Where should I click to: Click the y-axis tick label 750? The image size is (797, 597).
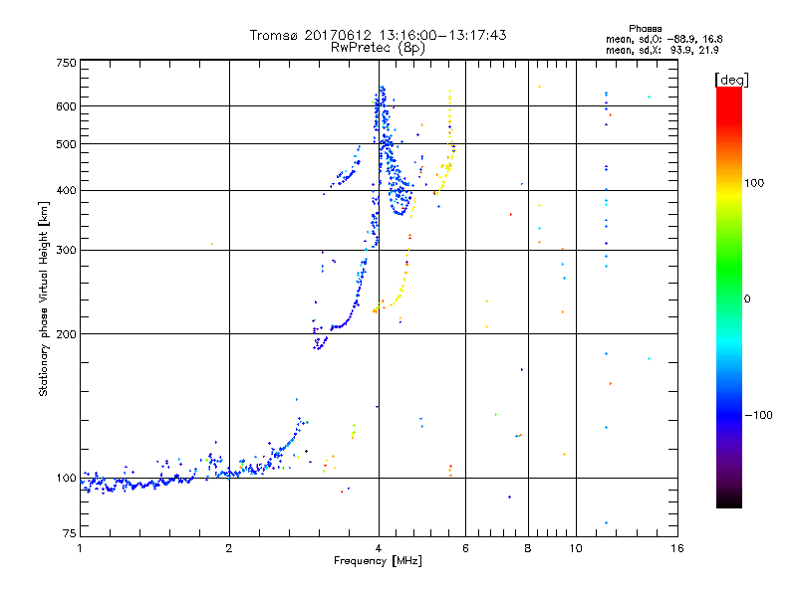66,63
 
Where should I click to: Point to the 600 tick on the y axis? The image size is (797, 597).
66,105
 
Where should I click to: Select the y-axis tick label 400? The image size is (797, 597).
66,190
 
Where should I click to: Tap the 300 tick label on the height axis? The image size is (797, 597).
66,250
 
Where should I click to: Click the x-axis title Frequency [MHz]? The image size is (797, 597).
378,562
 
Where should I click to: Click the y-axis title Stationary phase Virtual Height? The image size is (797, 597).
44,299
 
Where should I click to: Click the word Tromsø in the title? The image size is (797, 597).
276,35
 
